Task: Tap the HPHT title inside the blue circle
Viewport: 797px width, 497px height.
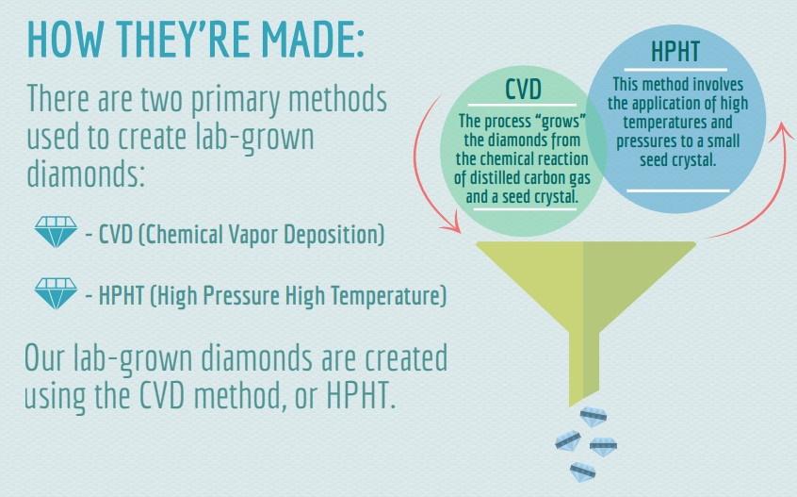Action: [675, 51]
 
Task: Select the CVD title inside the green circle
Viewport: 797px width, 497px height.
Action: [523, 89]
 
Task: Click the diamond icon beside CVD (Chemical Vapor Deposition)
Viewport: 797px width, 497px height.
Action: [56, 231]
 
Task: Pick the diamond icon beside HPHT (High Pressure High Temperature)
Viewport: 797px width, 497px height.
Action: [56, 293]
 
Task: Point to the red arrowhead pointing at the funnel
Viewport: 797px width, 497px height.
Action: [451, 224]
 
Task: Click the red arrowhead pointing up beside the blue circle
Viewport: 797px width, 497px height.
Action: [783, 132]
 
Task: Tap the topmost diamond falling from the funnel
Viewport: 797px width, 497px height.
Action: [594, 417]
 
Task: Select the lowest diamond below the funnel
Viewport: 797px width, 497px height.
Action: [582, 472]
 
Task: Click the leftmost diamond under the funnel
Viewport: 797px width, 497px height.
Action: [568, 440]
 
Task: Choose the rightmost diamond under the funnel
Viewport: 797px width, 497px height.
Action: [603, 446]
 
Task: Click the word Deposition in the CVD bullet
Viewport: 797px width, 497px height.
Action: [333, 235]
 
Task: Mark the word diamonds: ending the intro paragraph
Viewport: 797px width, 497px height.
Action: [86, 174]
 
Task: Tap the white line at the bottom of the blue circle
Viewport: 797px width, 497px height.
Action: [678, 191]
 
